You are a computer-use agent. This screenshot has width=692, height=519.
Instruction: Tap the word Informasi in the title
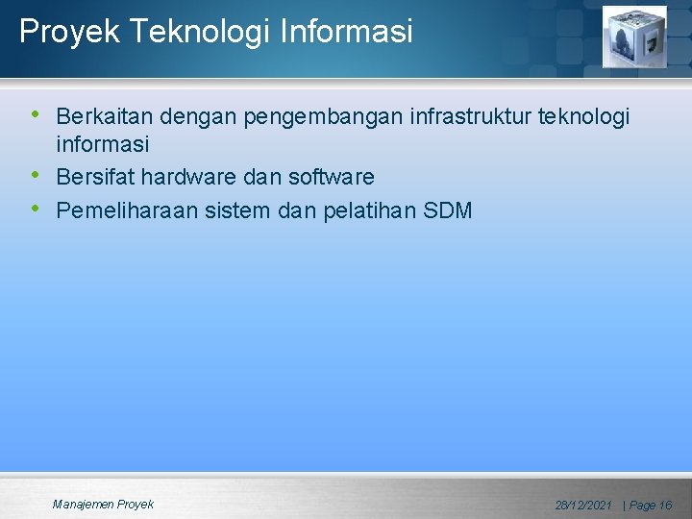(x=347, y=32)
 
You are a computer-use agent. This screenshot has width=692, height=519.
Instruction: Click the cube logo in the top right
(x=633, y=37)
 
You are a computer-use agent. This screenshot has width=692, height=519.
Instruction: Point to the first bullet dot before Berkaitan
(x=36, y=114)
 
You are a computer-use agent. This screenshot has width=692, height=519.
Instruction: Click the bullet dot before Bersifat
(x=36, y=175)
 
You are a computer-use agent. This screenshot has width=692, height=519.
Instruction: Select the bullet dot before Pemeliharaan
(x=36, y=208)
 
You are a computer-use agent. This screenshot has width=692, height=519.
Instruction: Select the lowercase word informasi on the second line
(x=102, y=145)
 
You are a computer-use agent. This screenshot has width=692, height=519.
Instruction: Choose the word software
(x=331, y=178)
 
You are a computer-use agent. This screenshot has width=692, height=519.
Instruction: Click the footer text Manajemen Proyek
(x=103, y=505)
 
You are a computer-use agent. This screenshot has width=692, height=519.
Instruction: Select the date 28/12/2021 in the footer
(x=583, y=506)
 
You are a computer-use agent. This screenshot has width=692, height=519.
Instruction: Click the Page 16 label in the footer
(x=651, y=506)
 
